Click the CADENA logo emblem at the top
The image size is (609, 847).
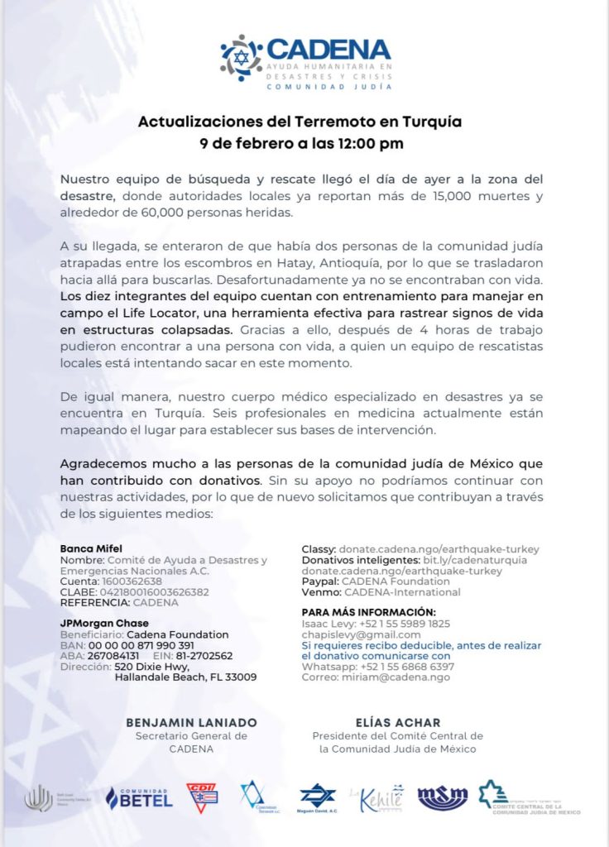241,57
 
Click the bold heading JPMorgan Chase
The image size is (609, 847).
104,623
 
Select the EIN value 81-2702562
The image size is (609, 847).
204,656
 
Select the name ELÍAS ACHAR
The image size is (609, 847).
397,722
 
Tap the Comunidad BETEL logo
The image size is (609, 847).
138,798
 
